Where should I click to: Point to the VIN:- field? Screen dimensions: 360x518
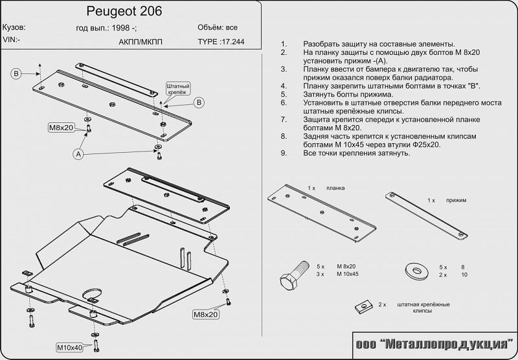coord(11,40)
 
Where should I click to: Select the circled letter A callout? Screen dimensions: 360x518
coord(78,154)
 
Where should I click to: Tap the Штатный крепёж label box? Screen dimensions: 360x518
coord(176,89)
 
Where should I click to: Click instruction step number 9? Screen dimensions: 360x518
coord(283,153)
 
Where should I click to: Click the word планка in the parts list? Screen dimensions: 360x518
coord(335,187)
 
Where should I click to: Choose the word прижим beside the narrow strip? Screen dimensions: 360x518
coord(456,201)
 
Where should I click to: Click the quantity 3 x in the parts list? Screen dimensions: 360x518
coord(321,275)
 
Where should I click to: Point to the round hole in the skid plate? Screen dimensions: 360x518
coord(93,297)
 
